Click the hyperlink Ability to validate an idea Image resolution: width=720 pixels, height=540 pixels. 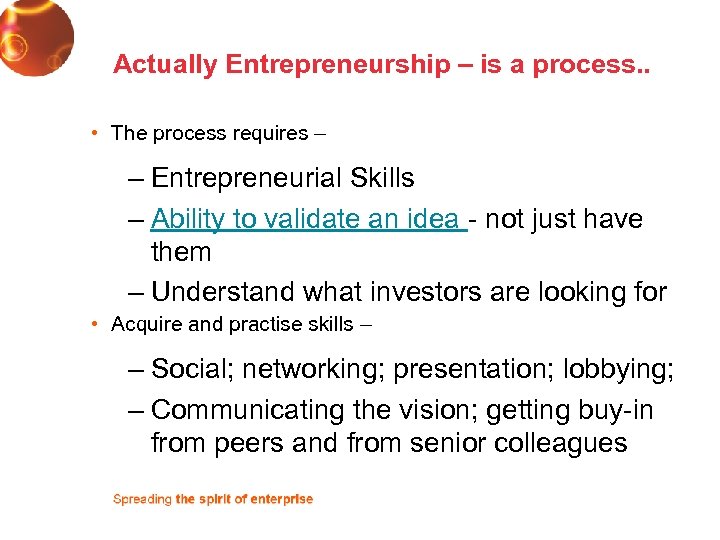pos(306,219)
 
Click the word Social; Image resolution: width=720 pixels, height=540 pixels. pos(192,370)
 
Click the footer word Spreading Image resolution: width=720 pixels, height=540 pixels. pos(142,499)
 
